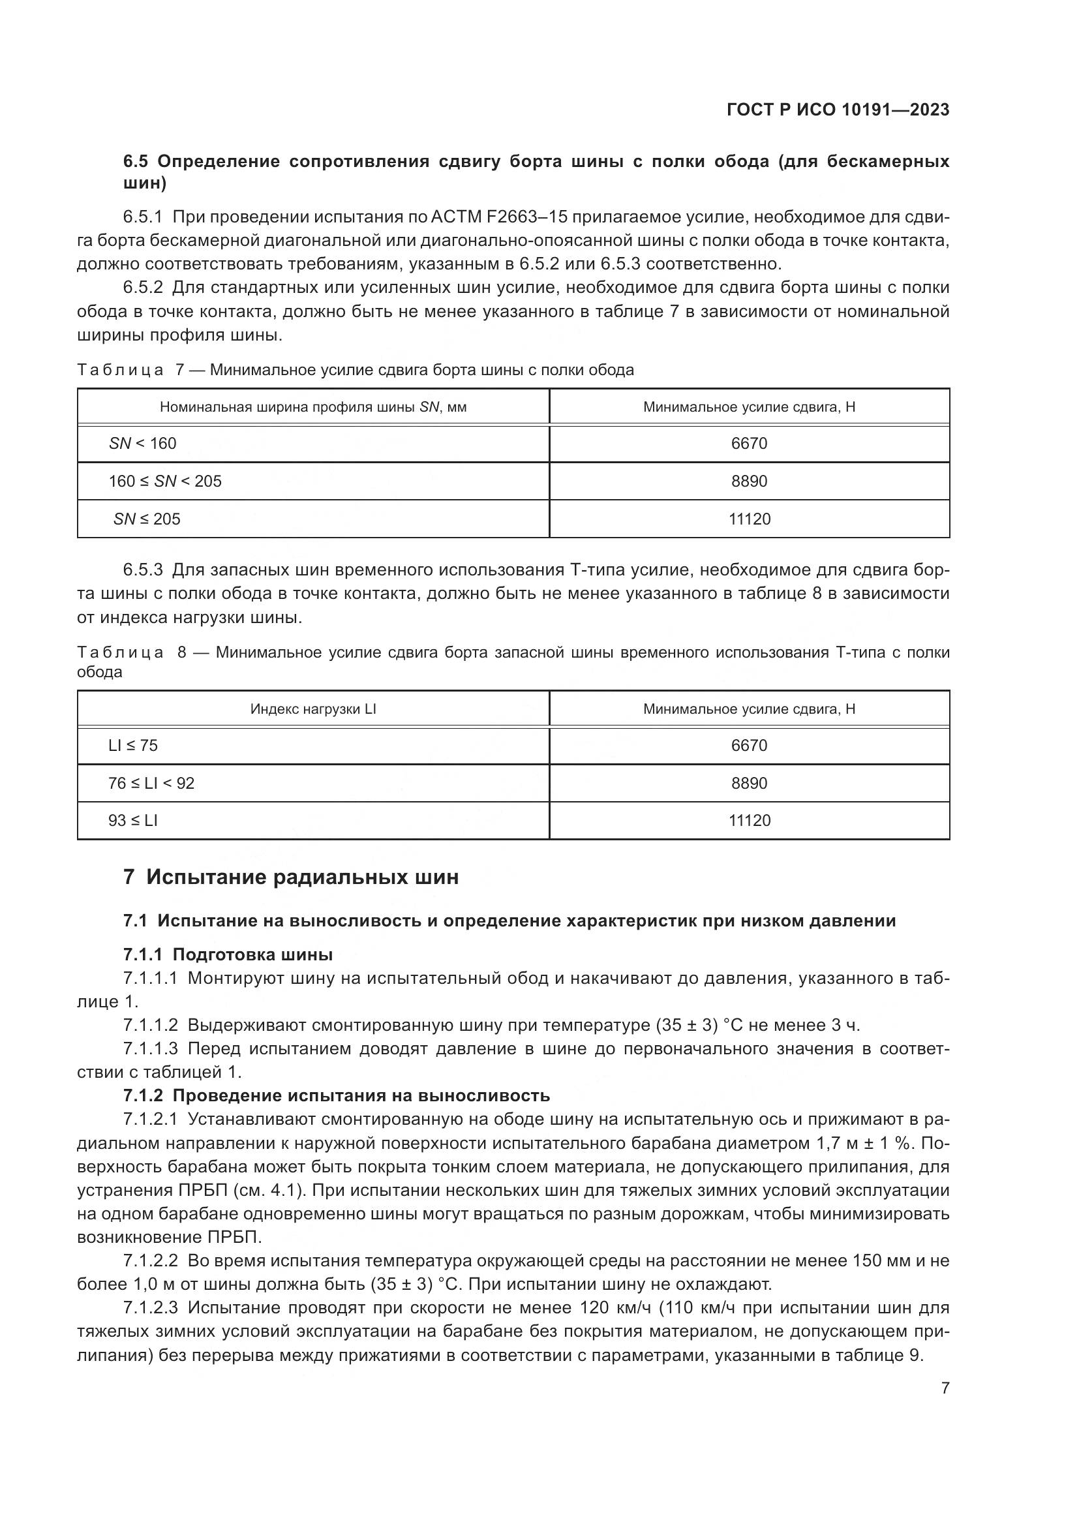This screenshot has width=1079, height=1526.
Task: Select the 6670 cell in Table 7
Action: [749, 443]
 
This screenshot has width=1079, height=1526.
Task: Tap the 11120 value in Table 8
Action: [750, 820]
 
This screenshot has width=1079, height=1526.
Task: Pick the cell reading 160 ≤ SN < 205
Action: [165, 481]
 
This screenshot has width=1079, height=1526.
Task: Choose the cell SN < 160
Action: [143, 443]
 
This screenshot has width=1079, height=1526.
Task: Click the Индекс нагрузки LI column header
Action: [313, 709]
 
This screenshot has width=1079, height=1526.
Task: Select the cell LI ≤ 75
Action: [133, 745]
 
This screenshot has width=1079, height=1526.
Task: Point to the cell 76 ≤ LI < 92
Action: [151, 783]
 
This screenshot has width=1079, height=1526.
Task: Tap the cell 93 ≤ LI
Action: [133, 820]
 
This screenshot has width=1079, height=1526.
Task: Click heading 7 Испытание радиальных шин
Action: [291, 877]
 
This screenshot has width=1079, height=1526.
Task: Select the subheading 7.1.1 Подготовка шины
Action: [228, 955]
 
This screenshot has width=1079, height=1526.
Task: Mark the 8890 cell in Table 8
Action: [749, 783]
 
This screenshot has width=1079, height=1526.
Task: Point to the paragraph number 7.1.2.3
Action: [150, 1308]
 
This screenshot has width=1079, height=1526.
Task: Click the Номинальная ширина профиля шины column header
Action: [313, 406]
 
